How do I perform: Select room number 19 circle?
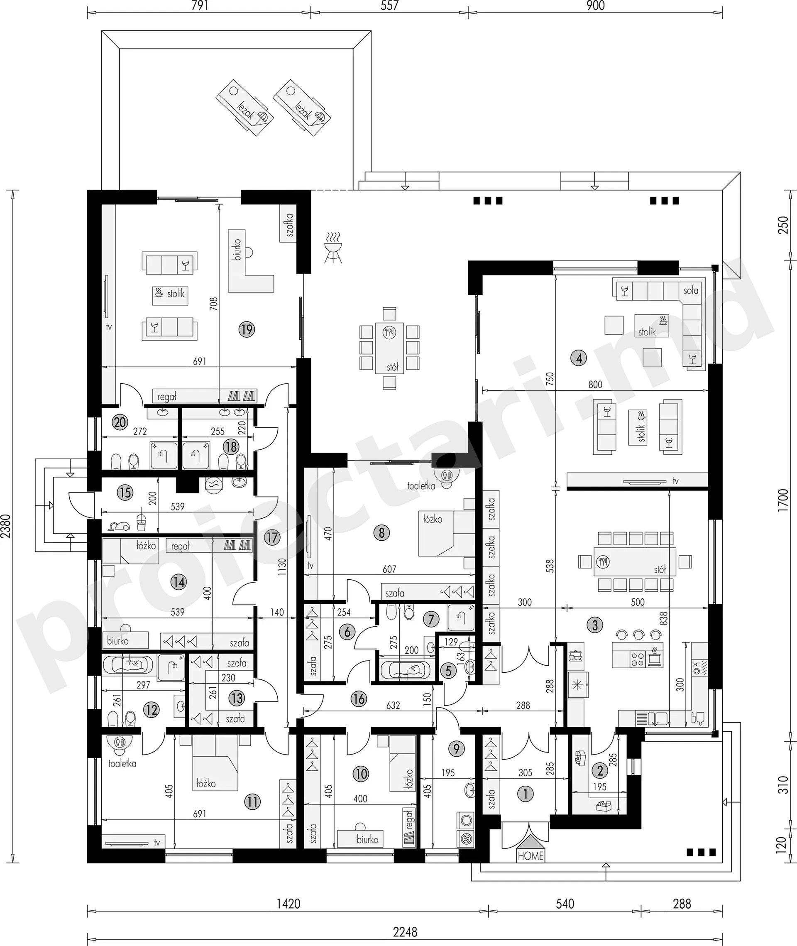coord(247,329)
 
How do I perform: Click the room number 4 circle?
coord(579,358)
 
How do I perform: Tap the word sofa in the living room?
coord(691,290)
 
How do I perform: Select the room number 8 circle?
coord(381,533)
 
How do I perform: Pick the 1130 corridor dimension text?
coord(282,571)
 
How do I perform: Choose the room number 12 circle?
coord(152,710)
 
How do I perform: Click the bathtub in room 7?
coord(405,669)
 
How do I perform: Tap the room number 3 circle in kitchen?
coord(595,625)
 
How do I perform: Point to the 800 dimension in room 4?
coord(596,384)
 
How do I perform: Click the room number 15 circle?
coord(125,492)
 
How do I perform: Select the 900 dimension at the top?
coord(596,6)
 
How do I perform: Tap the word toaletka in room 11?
coord(122,763)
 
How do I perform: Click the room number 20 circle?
coord(120,423)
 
